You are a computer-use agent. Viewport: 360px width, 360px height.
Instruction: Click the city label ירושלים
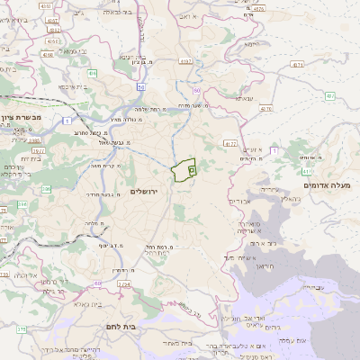[143, 192]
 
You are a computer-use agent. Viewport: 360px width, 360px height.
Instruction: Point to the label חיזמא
[252, 43]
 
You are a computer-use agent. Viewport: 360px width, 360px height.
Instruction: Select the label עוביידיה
[313, 286]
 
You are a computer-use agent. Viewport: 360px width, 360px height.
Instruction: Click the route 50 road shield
[141, 87]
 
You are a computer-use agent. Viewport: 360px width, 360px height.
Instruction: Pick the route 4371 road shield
[298, 65]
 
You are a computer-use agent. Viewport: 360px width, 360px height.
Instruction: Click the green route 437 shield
[329, 95]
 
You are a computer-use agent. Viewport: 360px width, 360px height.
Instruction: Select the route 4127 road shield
[230, 143]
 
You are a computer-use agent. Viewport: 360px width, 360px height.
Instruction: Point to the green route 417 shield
[309, 170]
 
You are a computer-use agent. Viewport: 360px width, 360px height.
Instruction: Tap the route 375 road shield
[19, 329]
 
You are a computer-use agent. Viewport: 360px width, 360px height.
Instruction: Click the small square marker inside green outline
[192, 169]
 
